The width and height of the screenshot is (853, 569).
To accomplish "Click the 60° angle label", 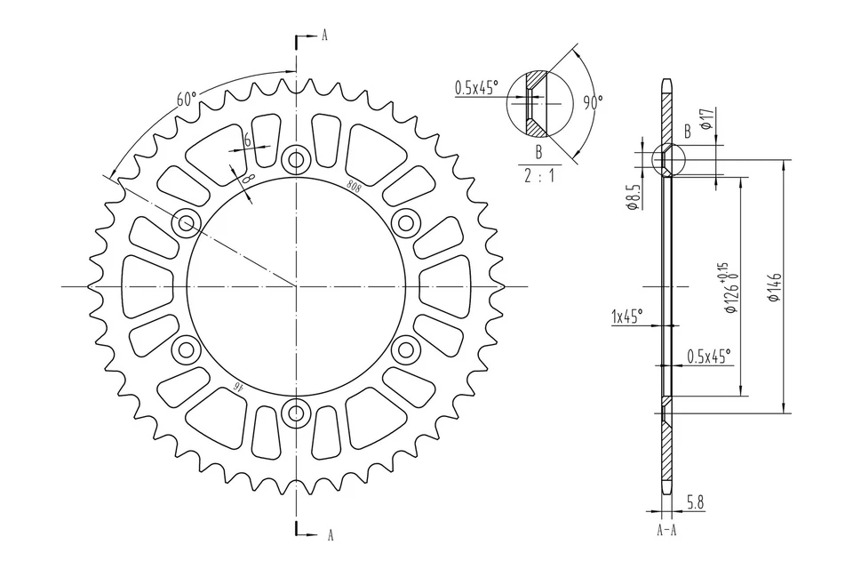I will (186, 99).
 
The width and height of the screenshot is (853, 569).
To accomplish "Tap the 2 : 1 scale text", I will (538, 175).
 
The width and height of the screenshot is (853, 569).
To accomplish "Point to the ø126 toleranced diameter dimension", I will (729, 288).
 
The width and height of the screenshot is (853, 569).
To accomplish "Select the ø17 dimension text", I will (705, 119).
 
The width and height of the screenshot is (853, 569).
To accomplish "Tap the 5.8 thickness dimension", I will (696, 504).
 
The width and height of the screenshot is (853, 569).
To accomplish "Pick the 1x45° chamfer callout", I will (627, 316).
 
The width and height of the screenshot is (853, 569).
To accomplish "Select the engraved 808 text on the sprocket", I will (353, 186).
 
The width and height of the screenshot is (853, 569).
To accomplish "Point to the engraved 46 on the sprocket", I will (237, 386).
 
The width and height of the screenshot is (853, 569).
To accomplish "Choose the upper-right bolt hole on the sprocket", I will (405, 222).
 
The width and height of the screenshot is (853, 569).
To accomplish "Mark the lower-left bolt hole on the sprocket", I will (187, 349).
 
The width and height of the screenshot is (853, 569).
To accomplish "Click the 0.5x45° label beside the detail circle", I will (477, 87).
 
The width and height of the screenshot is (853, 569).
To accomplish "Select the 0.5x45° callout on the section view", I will (708, 356).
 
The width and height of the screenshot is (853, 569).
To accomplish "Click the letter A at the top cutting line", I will (325, 36).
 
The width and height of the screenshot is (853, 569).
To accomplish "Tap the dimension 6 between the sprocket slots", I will (247, 140).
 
